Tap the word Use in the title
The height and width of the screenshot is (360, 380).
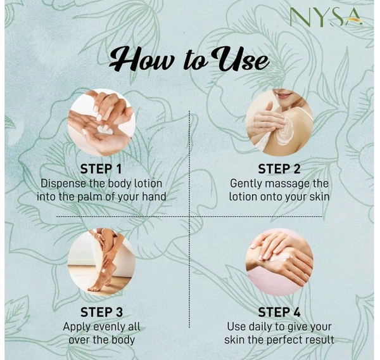click(241, 59)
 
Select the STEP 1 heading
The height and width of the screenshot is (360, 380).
click(101, 169)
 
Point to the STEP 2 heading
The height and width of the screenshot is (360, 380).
click(279, 169)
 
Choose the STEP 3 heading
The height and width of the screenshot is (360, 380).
click(101, 312)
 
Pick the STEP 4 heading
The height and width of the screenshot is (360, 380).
click(279, 312)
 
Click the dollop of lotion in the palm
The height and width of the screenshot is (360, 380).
click(104, 130)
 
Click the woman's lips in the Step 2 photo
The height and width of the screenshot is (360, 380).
click(285, 94)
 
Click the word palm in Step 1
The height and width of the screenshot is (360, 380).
click(90, 196)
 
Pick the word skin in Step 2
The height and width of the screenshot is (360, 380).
click(319, 196)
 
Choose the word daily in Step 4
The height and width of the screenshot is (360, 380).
click(260, 327)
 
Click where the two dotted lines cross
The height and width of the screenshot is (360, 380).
click(189, 217)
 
